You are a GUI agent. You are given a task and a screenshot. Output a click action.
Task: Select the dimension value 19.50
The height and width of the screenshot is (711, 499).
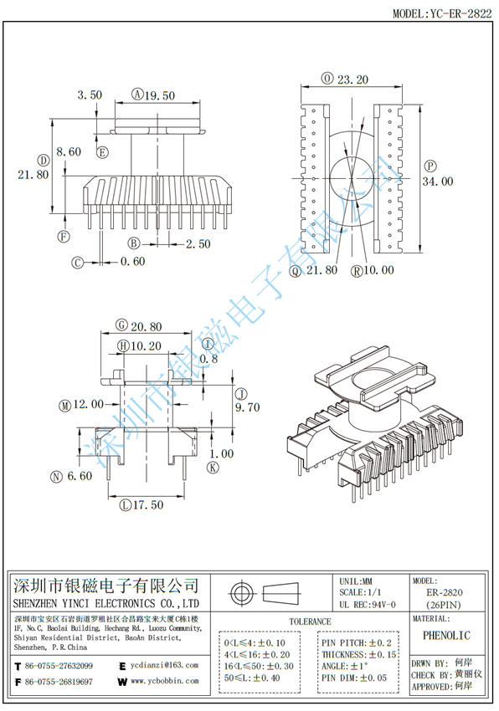coord(159,95)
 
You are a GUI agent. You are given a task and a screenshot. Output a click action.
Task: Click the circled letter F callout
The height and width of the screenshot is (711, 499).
coord(63,237)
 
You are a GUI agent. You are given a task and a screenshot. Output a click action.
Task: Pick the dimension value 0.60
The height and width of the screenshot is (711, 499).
coord(132,262)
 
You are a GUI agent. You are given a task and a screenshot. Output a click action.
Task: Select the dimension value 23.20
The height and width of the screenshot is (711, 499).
coord(354,80)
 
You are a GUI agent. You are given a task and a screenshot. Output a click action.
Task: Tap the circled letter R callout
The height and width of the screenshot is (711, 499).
coord(358,270)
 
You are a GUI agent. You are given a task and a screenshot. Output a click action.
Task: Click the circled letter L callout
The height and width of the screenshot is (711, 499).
coord(126,504)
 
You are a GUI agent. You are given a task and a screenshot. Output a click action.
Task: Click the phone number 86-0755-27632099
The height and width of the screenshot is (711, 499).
coord(59,666)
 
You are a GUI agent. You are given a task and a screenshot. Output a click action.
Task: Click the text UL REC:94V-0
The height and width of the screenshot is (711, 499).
coord(368,604)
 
